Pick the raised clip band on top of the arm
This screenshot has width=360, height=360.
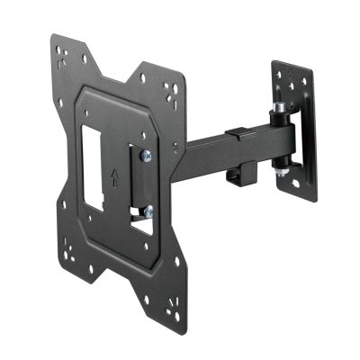(x=236, y=135)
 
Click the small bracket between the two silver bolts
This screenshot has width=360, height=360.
(x=141, y=184)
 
